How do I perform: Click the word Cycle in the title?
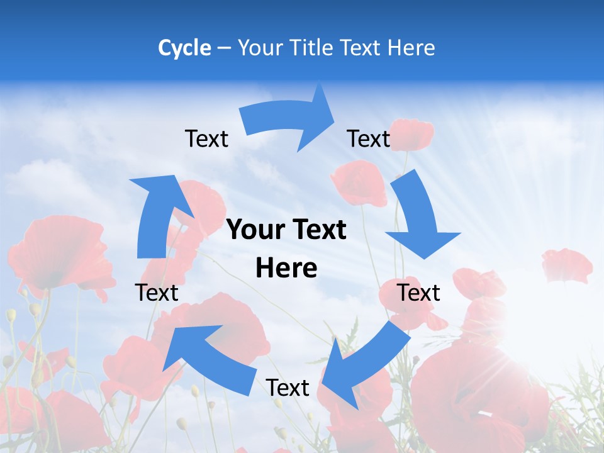pos(184,48)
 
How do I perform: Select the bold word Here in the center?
pos(286,269)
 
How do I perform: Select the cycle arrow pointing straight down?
pos(418,217)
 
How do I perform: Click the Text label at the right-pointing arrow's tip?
pos(369,138)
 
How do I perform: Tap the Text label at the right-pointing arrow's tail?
pos(206,138)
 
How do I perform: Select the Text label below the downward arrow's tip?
pos(418,293)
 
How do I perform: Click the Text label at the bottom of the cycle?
pos(288,388)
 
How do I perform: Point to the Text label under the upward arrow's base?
pos(157,293)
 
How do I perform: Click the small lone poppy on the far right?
pos(567,264)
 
